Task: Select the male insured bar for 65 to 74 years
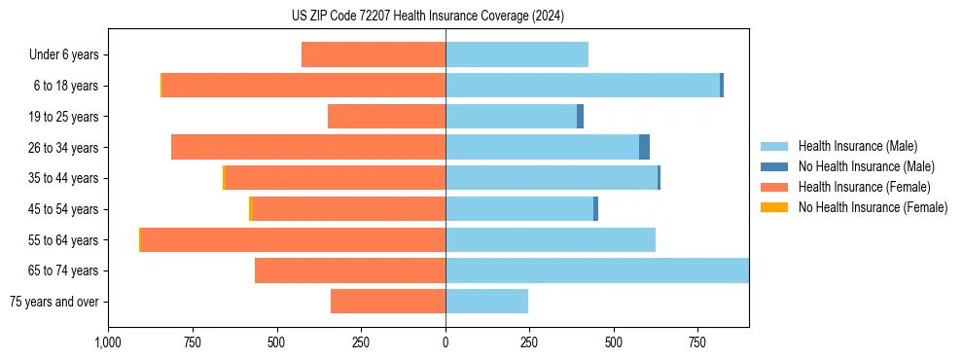596,270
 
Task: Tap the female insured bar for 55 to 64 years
293,240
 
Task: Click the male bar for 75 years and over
486,302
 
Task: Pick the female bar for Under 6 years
374,54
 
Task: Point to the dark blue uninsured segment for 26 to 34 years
644,147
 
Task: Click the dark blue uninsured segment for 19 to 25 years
580,117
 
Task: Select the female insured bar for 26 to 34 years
308,147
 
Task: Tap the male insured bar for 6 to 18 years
582,86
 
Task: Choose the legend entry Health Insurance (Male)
857,146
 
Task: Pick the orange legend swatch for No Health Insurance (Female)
775,207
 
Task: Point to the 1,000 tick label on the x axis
108,343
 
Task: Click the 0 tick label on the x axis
446,343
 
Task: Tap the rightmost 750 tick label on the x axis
697,343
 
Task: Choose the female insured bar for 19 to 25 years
386,117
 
